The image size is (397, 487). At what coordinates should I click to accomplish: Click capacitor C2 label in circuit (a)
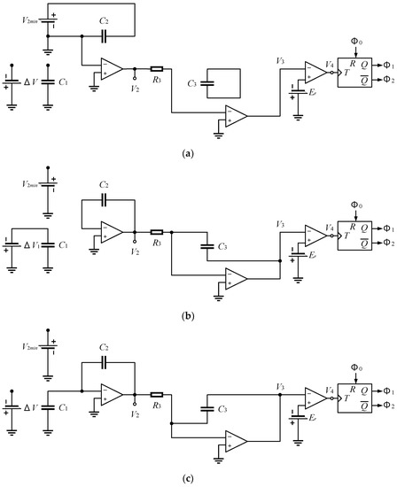(x=104, y=19)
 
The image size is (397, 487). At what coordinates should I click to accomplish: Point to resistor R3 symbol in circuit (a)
(x=156, y=67)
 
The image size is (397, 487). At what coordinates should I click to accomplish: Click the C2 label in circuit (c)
(x=104, y=349)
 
